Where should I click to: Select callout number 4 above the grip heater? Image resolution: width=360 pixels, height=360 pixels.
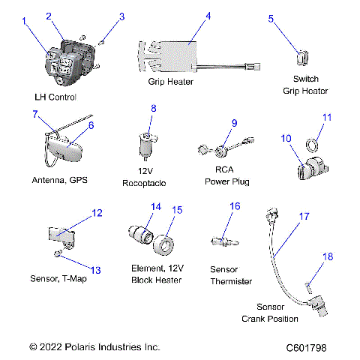coord(208,16)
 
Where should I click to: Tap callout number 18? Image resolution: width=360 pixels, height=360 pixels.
coord(326,257)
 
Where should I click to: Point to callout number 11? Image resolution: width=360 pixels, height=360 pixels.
coord(326,118)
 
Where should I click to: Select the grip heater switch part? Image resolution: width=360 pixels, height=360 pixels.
coord(303,57)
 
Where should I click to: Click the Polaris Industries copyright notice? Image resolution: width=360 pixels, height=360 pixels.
coord(94,347)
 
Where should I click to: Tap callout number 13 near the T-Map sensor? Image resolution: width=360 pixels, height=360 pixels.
coord(94,269)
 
